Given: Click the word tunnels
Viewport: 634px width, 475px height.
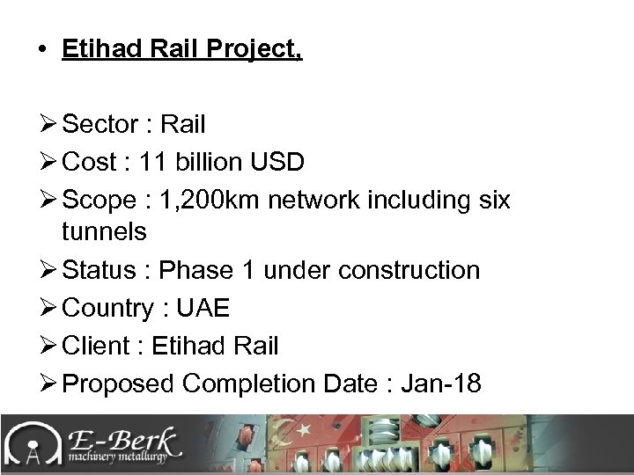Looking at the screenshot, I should [104, 232].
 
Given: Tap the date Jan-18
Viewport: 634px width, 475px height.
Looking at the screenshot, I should [440, 384].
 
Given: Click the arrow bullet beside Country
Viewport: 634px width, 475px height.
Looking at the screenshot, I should [48, 308].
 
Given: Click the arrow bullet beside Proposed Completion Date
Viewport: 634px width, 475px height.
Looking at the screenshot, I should [48, 384].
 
